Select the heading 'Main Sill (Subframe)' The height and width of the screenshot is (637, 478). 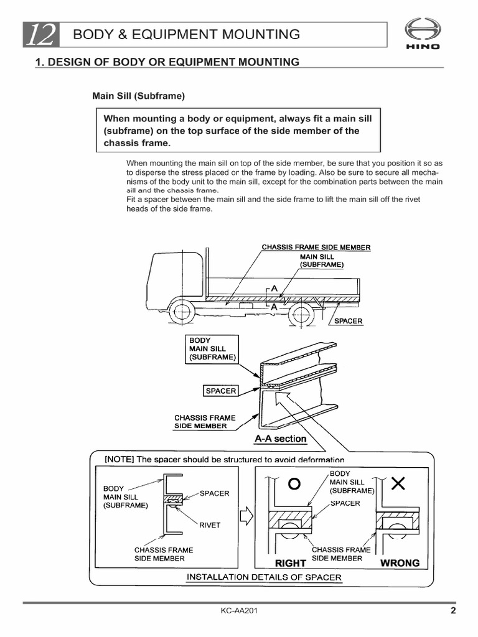point(139,96)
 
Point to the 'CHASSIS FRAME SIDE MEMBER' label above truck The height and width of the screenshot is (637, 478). point(316,248)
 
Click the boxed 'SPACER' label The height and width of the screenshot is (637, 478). point(221,391)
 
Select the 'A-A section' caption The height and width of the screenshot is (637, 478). point(280,439)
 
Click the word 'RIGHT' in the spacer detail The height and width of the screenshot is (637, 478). point(290,563)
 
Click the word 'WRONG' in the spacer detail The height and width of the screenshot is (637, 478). point(400,563)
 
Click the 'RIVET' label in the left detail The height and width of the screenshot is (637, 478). point(210,525)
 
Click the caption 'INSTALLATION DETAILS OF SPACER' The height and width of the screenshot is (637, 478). point(265,577)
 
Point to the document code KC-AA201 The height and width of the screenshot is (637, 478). point(239,611)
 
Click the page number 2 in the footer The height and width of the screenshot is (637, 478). point(453,611)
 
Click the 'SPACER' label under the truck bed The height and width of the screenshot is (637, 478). point(348,321)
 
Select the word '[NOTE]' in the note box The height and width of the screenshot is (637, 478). point(119,460)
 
